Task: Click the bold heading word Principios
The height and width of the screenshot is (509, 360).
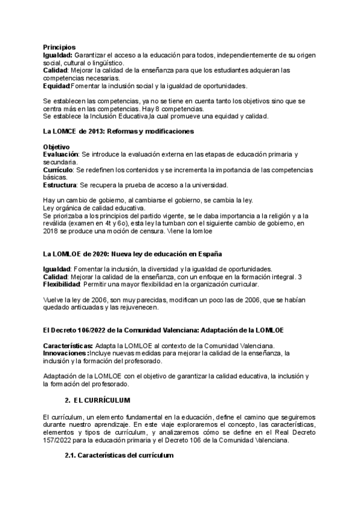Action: pos(59,47)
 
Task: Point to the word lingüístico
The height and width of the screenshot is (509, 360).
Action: pos(106,62)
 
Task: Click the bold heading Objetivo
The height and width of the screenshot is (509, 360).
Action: pos(56,147)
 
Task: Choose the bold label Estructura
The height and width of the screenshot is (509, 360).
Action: pos(61,185)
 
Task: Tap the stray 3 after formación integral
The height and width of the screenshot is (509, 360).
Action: pos(300,276)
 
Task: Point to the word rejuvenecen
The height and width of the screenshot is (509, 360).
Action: pos(138,307)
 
